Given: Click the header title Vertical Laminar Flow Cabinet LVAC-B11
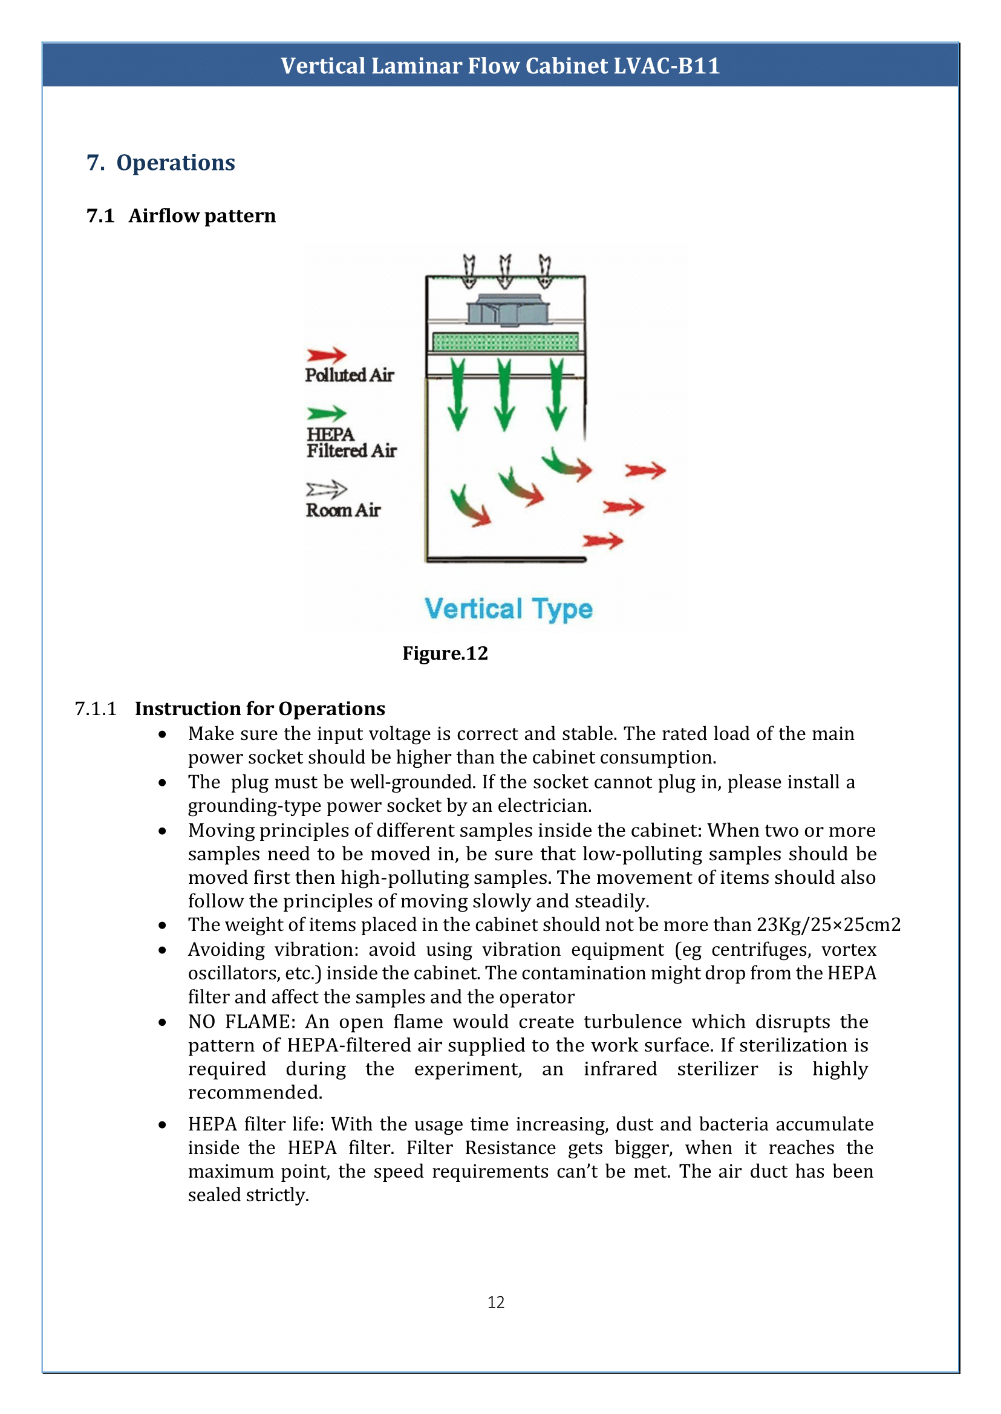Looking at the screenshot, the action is pos(500,65).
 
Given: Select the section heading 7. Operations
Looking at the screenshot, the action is pos(161,163).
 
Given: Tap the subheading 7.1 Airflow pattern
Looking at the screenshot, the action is pos(181,216).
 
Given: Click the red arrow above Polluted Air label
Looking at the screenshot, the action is pos(327,354).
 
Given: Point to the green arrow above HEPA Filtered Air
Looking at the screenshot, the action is pos(327,413).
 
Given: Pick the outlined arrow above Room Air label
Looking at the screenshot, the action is pos(327,489).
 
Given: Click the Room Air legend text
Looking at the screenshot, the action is pos(344,510).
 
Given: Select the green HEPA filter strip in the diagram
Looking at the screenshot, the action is pos(506,341).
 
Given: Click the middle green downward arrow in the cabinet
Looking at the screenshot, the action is pos(505,394).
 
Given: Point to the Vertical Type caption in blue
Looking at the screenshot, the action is pos(509,609).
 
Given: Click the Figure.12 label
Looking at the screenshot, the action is pos(445,653).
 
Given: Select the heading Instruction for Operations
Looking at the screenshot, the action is pos(260,709).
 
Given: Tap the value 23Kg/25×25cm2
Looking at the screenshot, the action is pos(829,924).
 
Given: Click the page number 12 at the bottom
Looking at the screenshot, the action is pos(496,1302).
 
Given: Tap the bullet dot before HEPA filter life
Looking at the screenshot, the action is pos(162,1124).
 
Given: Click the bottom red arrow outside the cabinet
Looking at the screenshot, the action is pos(603,541).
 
